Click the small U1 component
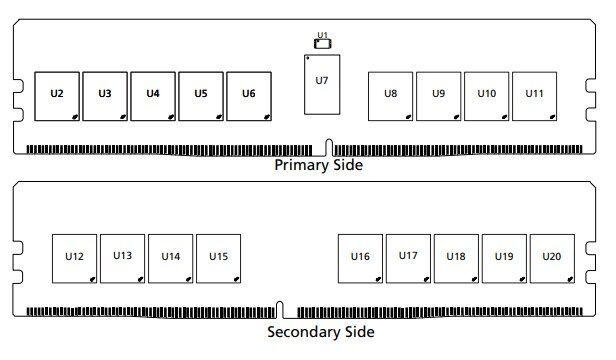click(x=323, y=44)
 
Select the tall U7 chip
click(x=322, y=84)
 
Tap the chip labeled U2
click(x=57, y=96)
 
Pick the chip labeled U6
click(x=249, y=96)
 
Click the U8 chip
click(x=390, y=96)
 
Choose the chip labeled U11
click(x=535, y=96)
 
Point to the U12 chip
click(x=74, y=259)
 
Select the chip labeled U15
click(x=218, y=259)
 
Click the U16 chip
click(x=360, y=259)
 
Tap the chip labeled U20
click(x=552, y=259)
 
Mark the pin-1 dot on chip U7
click(x=308, y=58)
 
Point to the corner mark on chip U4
click(x=171, y=117)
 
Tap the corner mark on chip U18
click(x=474, y=279)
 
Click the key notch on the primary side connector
click(x=329, y=147)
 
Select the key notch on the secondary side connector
click(x=279, y=310)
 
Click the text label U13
click(x=123, y=255)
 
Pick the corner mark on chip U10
click(x=504, y=117)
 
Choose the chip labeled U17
click(x=408, y=259)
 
